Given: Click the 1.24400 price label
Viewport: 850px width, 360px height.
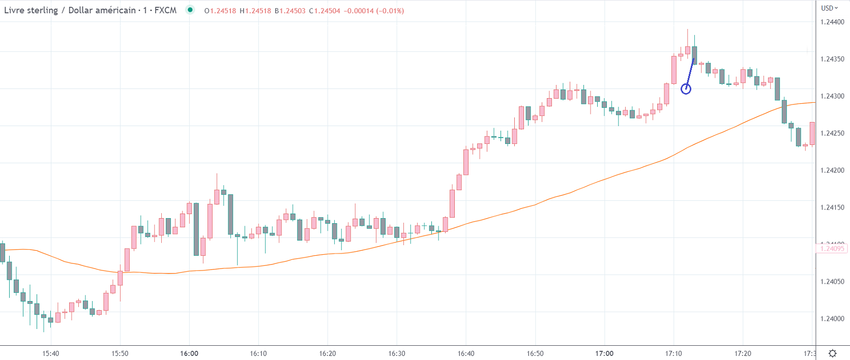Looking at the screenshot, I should pos(832,22).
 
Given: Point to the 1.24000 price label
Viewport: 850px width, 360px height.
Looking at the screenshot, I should pos(832,319).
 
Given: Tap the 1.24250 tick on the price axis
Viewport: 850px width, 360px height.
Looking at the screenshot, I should pos(832,133).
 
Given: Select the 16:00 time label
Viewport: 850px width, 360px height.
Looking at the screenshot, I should pos(189,353).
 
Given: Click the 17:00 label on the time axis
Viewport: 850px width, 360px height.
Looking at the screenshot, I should pos(604,353).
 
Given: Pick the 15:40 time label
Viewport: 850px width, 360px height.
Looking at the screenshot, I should pos(51,353).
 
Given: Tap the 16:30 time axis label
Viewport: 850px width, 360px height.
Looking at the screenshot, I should pos(397,353).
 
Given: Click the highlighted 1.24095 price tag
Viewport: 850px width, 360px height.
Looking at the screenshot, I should pos(832,248).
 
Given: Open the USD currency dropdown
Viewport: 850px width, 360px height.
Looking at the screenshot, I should pos(829,8).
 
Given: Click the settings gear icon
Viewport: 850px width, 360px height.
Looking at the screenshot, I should pos(833,353).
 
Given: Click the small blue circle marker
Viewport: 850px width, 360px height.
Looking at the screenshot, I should pos(686,89).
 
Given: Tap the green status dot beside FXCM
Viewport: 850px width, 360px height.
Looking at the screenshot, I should pos(190,10).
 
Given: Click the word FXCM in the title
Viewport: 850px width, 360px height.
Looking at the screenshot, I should pos(165,10).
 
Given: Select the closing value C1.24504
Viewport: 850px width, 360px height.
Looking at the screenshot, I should pos(325,11).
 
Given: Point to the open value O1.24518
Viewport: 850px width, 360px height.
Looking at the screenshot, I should pos(220,11).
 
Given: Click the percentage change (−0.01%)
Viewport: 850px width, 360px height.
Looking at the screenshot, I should pos(390,11).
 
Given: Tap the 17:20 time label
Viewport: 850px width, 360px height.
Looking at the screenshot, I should pos(743,353).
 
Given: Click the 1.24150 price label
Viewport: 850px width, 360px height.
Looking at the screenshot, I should pos(832,207).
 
